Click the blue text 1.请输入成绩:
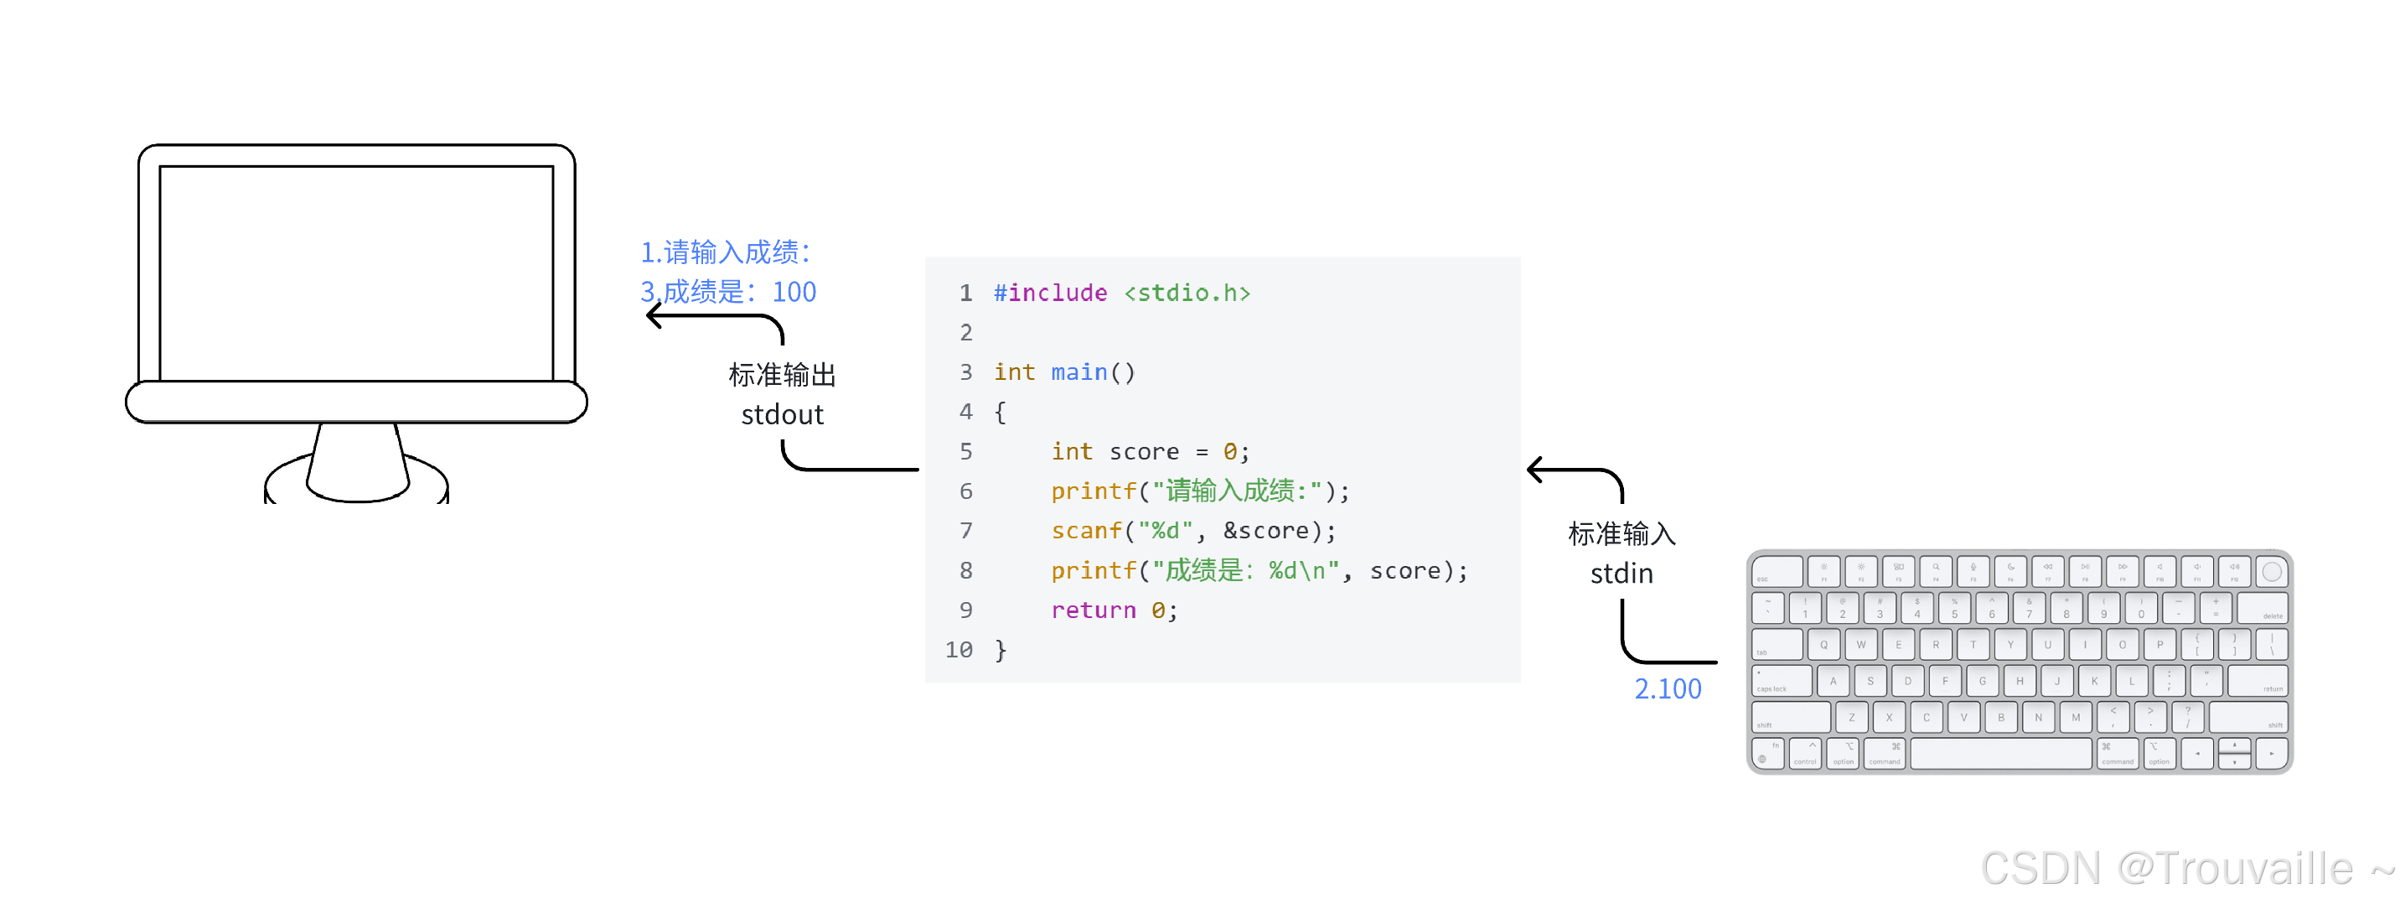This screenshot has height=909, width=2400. [725, 252]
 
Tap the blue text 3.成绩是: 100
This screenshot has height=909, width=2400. [727, 292]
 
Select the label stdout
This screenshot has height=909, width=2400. [782, 415]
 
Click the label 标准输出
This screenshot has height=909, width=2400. [782, 375]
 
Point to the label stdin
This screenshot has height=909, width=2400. [1622, 574]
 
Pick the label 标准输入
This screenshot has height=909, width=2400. [1622, 534]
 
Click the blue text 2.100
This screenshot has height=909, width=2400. [1667, 689]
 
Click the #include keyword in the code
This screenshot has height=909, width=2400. [1050, 293]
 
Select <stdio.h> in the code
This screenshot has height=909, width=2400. [1187, 293]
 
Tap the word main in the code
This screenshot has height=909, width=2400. [1078, 372]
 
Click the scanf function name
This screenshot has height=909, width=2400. [1086, 531]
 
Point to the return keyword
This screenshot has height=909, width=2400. [1093, 610]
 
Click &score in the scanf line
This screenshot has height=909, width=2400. [1265, 531]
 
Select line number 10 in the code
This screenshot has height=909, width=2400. [959, 650]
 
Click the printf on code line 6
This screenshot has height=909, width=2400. [1094, 491]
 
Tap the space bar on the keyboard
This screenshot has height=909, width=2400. [2000, 753]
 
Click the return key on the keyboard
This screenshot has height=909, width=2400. [2258, 681]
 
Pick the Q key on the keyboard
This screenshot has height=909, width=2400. [1823, 644]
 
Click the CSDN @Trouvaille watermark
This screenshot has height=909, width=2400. [2185, 869]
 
